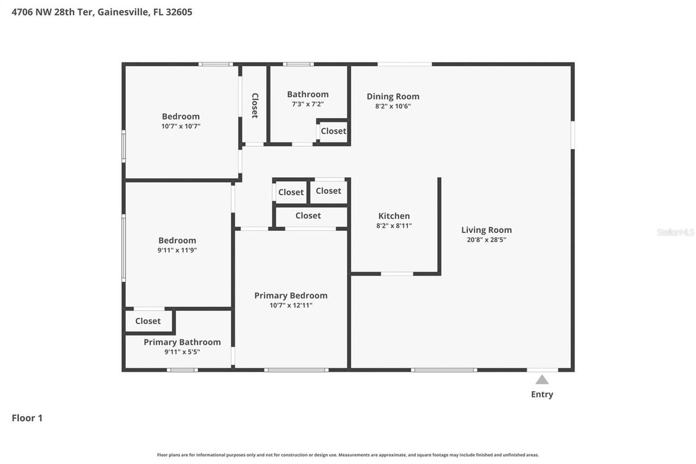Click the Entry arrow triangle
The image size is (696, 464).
coord(542,380)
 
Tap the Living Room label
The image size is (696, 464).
coord(486,230)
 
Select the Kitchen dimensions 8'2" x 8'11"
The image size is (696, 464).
coord(394,226)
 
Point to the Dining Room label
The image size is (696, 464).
coord(393,96)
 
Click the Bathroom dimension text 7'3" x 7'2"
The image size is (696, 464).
coord(308,104)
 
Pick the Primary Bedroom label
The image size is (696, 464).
coord(291,295)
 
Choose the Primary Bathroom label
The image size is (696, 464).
coord(182,342)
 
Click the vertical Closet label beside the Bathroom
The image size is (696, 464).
coord(254,106)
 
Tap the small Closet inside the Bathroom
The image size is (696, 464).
coord(333,131)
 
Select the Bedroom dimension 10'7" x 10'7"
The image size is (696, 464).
coord(181,126)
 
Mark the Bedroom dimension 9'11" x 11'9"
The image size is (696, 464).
coord(177,250)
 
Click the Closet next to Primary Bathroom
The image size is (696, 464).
coord(148,321)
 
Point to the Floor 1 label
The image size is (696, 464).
coord(27,418)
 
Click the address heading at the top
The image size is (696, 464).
coord(102,12)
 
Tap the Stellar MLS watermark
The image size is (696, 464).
coord(675,232)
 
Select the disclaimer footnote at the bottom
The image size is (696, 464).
coord(348,455)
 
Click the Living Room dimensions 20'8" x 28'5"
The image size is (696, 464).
coord(486,240)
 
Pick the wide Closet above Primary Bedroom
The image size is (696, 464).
coord(308,216)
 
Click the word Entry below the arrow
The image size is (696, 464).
coord(542,394)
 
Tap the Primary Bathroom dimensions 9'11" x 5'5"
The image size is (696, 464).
coord(182,352)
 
